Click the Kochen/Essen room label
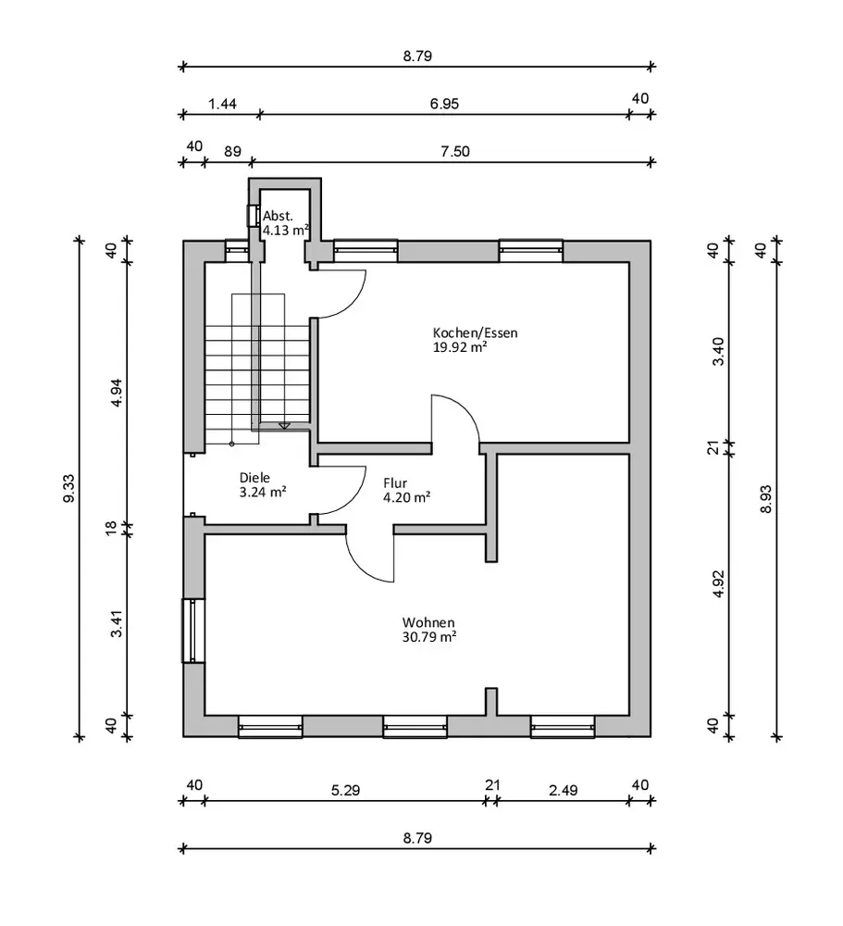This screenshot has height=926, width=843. [475, 332]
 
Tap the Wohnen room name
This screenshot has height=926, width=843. [428, 622]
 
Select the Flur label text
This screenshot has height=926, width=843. [396, 482]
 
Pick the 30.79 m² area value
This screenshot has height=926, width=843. [428, 637]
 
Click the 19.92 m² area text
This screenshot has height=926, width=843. [461, 348]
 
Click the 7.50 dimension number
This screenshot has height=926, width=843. [453, 150]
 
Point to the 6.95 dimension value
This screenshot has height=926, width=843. [444, 104]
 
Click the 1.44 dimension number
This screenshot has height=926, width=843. [222, 104]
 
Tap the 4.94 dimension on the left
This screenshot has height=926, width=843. [116, 392]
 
